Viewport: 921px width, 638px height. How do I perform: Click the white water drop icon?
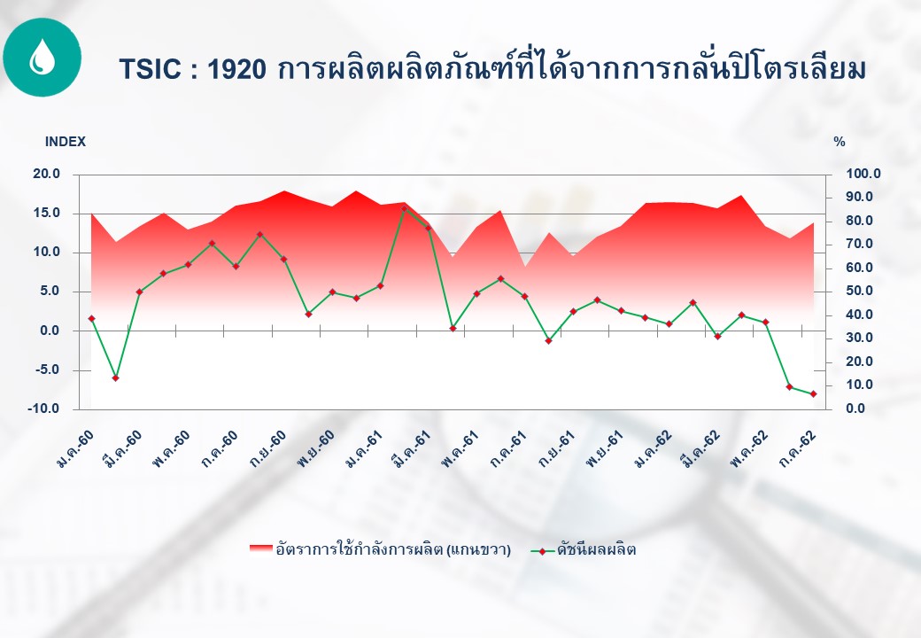click(x=42, y=57)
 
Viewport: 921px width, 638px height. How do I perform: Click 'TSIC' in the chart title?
click(x=150, y=69)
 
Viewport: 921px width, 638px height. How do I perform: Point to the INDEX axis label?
click(x=66, y=142)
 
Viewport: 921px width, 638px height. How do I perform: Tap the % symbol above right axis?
click(x=840, y=142)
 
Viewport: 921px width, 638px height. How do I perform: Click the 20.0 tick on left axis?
click(x=47, y=174)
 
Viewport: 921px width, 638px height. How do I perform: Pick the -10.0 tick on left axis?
click(x=43, y=408)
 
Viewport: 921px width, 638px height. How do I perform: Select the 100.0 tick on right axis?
click(x=863, y=174)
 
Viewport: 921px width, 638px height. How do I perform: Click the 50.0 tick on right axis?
click(x=859, y=292)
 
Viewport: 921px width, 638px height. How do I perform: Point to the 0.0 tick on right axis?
click(x=855, y=408)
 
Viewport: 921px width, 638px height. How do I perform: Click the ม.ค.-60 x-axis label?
click(x=76, y=448)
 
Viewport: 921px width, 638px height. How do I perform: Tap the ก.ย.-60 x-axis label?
click(x=268, y=448)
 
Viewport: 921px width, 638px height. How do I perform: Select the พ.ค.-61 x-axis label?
click(x=460, y=448)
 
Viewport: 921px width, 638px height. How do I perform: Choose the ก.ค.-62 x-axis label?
click(x=798, y=448)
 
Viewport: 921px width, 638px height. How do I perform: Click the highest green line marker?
click(x=404, y=208)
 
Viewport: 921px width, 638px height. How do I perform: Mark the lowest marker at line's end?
click(x=814, y=394)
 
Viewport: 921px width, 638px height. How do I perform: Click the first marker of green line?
click(x=91, y=318)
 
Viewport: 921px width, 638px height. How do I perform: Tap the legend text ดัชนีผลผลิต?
click(x=596, y=550)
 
